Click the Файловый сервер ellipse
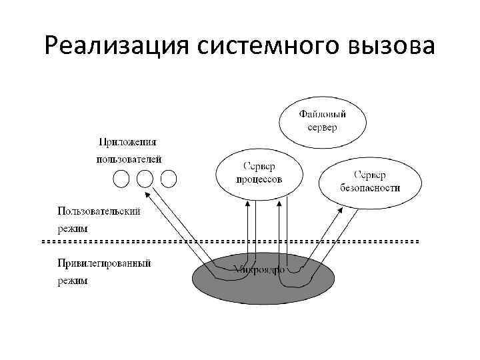(322, 121)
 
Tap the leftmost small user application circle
(121, 179)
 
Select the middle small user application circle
(145, 179)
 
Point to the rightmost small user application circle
(169, 179)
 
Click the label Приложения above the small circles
(128, 142)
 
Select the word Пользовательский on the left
(99, 211)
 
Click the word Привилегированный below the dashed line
(104, 263)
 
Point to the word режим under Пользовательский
(73, 228)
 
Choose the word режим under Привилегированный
(73, 281)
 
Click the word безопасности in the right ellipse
(370, 188)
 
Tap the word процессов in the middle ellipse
(259, 180)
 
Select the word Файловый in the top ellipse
(322, 114)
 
